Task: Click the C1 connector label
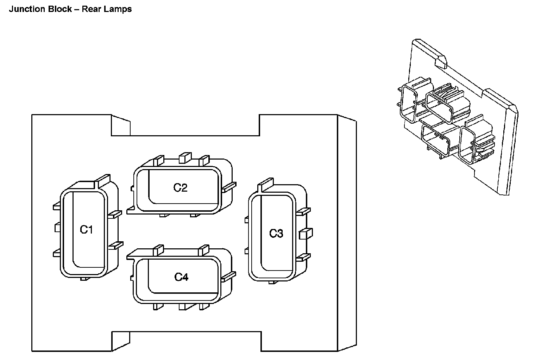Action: pos(86,230)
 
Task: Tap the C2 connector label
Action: pos(180,187)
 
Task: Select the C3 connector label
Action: pos(276,233)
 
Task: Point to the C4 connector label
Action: pos(181,277)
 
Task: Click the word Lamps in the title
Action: pos(121,9)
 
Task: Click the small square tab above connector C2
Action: pos(184,158)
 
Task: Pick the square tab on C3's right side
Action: pos(305,234)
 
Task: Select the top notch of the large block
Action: pos(195,125)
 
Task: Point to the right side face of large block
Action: pos(347,232)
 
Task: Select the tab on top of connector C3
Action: pos(266,183)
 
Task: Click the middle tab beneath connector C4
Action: pos(182,306)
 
